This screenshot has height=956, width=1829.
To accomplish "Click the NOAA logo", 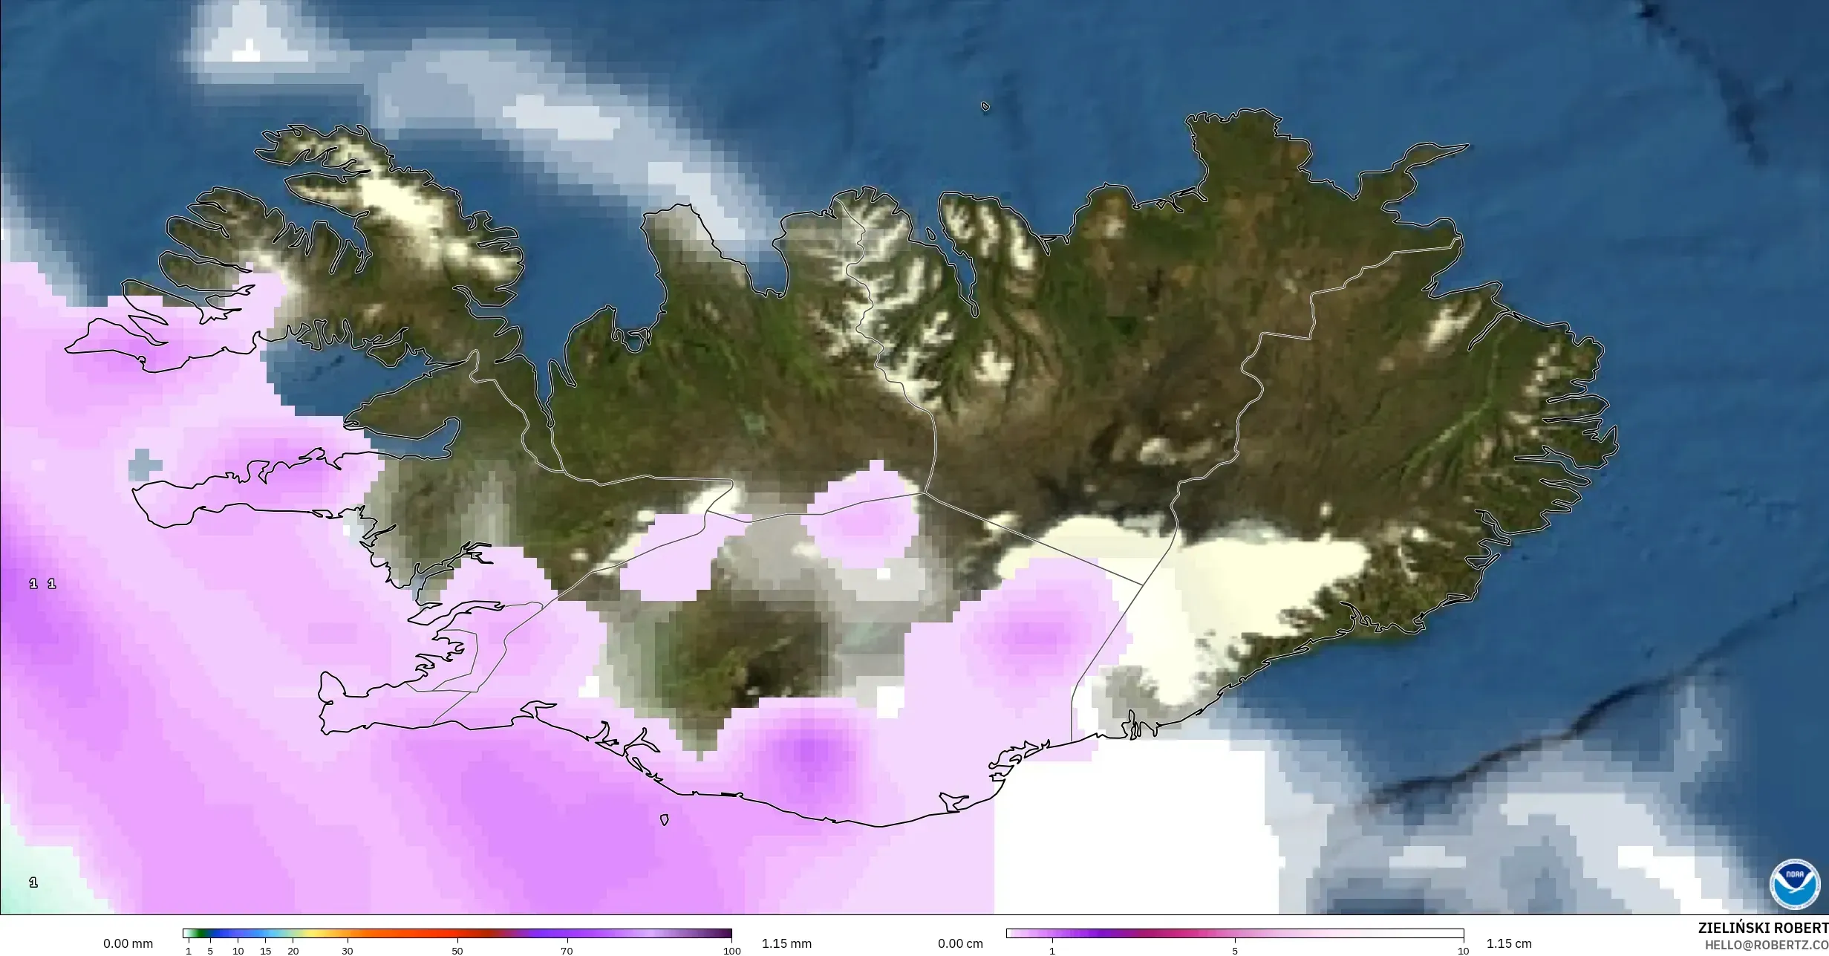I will pos(1794,884).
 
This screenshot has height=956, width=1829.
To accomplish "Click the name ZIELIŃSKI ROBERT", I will pos(1763,928).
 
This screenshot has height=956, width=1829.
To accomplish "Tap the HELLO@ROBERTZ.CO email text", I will pos(1766,944).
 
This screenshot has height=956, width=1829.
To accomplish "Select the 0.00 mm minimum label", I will pos(128,943).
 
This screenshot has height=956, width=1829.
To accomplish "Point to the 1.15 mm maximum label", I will pos(786,943).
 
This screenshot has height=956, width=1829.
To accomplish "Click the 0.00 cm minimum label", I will pos(960,943).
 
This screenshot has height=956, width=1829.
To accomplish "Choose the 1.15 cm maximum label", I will pos(1509,943).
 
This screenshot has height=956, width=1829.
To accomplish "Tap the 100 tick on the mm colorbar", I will pos(732,951).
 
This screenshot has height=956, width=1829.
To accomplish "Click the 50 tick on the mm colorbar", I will pos(457,951).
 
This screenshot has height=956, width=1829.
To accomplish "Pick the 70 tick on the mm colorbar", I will pos(567,951).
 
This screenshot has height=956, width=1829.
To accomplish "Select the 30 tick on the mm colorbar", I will pos(348,951).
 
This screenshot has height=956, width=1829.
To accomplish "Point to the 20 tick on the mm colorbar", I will pos(293,951).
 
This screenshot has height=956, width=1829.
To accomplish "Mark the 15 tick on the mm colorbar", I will pos(266,951).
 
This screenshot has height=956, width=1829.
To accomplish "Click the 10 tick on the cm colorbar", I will pos(1463,951).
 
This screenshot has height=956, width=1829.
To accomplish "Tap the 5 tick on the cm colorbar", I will pos(1235,951).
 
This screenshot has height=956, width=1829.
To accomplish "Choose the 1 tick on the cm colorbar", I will pos(1052,951).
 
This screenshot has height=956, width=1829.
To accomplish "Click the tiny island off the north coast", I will pos(985,106).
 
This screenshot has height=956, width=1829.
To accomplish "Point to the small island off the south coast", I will pos(665,820).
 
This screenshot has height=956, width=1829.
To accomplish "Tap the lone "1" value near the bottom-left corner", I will pos(33,882).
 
